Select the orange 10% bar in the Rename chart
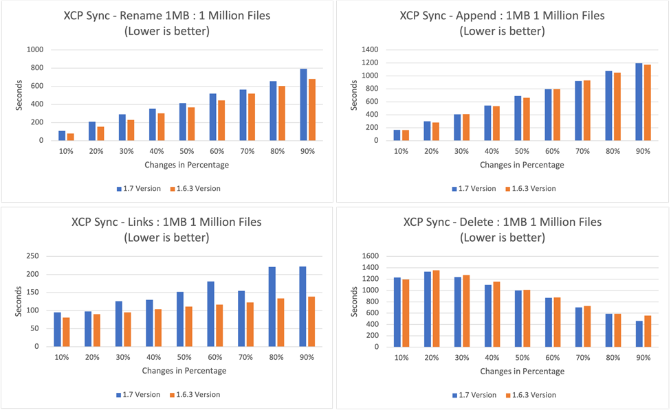coord(70,137)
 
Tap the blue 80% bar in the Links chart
coord(272,306)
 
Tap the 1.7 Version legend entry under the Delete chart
coord(474,394)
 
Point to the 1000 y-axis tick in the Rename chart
coord(34,49)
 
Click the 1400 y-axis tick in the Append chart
coord(369,49)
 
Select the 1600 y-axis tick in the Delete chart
coord(369,255)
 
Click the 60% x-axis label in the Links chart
coord(210,357)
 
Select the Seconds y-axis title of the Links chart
coord(19,301)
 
